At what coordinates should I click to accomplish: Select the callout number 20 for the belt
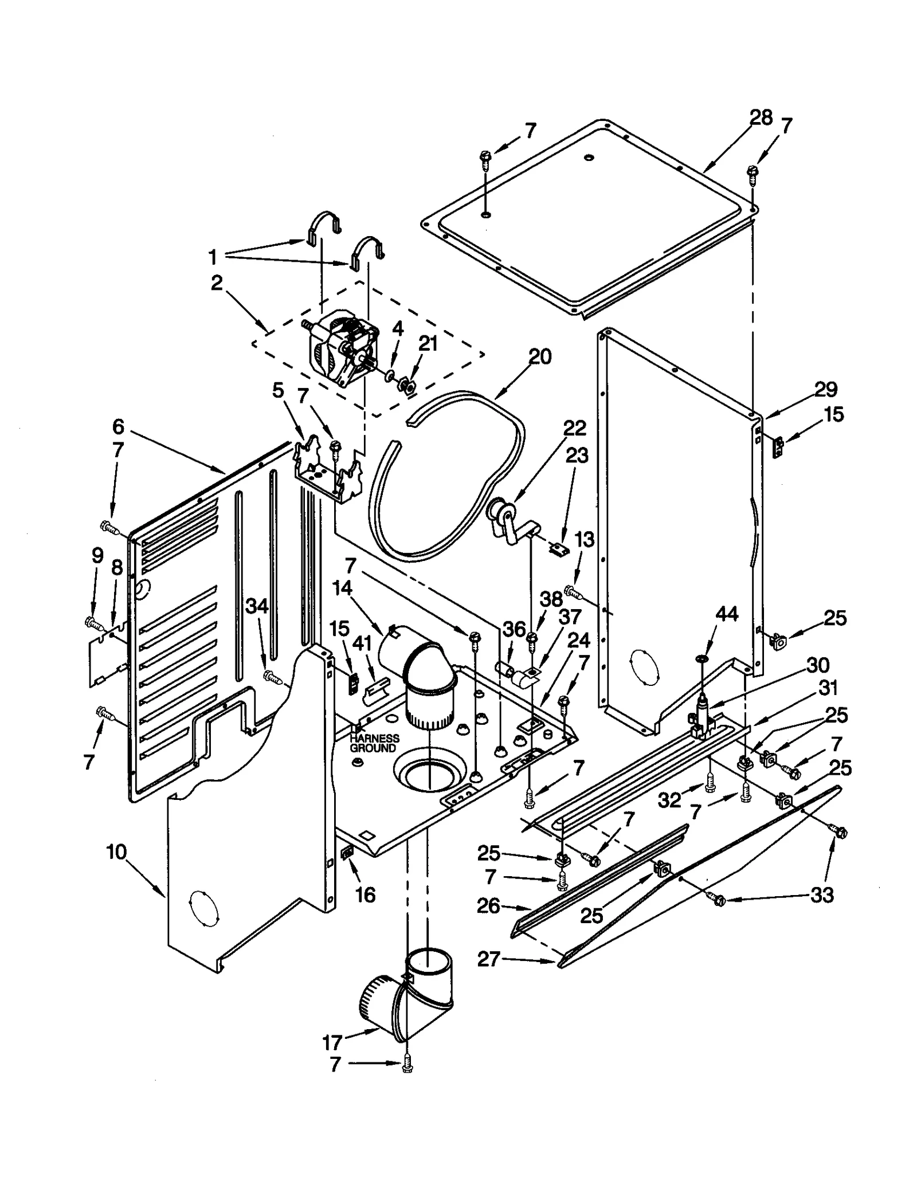pos(539,356)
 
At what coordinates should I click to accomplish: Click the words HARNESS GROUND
pos(374,744)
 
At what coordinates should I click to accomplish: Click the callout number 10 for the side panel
pos(116,852)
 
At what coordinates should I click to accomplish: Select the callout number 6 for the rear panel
pos(118,426)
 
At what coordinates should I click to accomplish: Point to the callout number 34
pos(257,606)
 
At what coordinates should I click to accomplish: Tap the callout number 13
pos(584,540)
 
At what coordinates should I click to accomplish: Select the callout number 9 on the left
pos(97,555)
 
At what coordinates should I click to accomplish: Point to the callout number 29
pos(826,390)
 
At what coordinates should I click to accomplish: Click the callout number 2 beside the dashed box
pos(216,283)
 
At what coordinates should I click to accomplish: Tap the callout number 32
pos(669,800)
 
